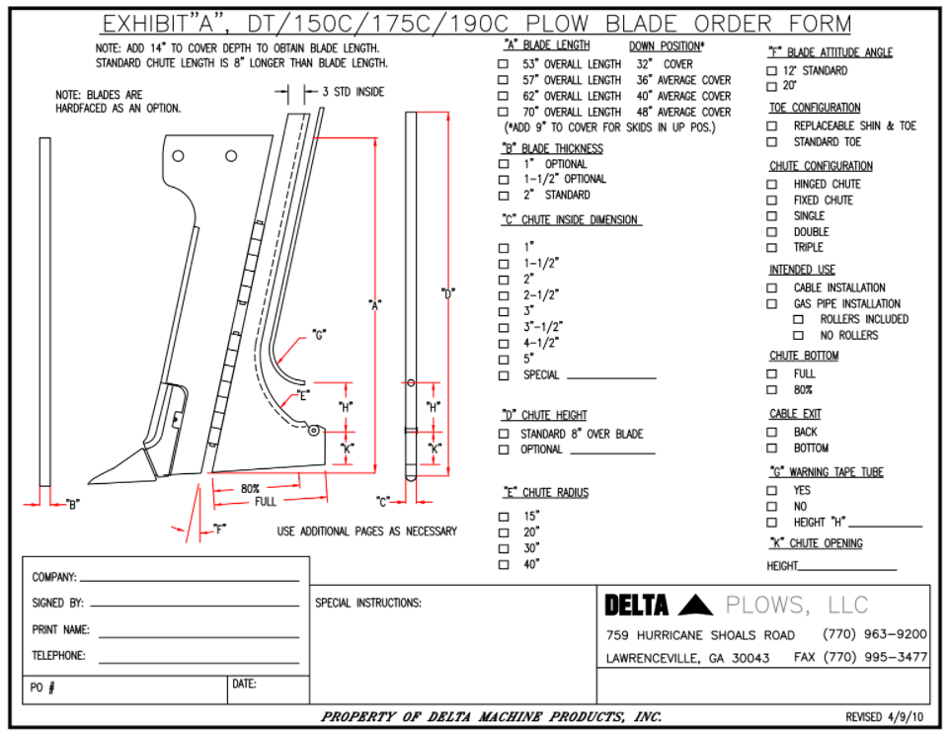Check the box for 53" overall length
504,64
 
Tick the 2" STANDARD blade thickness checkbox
504,196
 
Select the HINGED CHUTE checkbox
772,185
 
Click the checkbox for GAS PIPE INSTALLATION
772,304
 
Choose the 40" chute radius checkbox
504,565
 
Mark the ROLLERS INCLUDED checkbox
799,320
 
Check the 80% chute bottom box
772,390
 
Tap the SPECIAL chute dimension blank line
611,377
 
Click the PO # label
42,689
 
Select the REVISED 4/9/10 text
886,717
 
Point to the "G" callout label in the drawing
319,333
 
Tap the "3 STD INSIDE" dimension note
353,92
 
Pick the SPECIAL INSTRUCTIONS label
368,604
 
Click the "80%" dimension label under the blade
251,488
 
